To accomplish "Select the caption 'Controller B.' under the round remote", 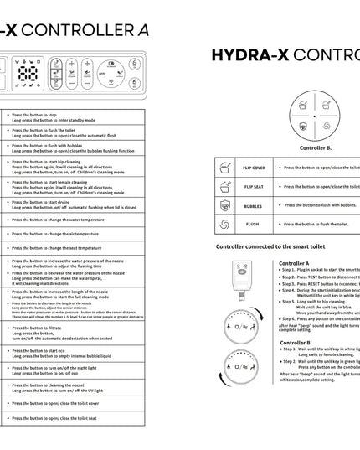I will click(x=316, y=147).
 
